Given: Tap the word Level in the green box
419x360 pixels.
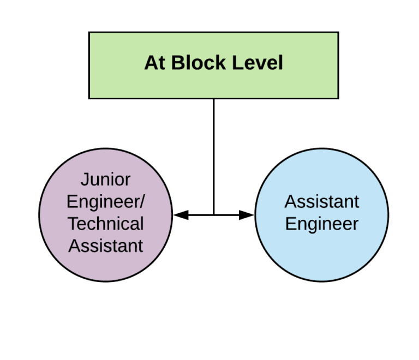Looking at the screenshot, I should click(258, 63).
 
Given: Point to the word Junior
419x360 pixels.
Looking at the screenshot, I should click(105, 179).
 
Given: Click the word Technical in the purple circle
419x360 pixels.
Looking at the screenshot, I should click(105, 224).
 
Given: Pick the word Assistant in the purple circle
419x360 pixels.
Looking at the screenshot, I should click(105, 246).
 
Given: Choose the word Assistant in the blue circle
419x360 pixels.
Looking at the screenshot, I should click(322, 202).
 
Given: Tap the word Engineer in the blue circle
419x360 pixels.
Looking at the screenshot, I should click(322, 224).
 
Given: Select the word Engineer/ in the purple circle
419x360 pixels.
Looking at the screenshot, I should click(105, 202).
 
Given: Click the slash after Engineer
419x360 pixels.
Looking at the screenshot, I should click(142, 202).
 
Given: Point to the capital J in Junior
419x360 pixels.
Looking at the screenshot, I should click(84, 179).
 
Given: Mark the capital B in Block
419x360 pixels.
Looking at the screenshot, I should click(177, 63).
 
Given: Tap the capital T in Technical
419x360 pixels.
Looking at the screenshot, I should click(73, 224).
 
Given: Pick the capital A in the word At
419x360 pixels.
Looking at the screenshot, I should click(150, 63).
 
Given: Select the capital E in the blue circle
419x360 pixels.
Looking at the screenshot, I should click(290, 224).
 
